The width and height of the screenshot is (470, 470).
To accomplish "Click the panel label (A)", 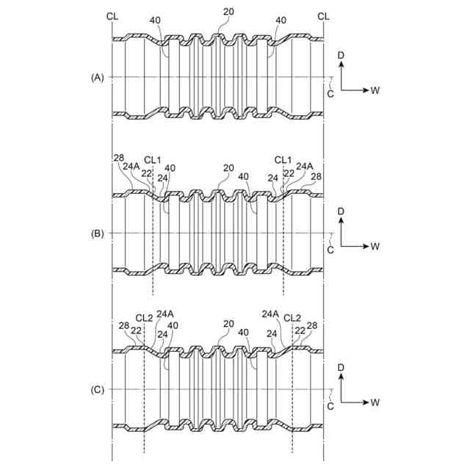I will pyautogui.click(x=97, y=77).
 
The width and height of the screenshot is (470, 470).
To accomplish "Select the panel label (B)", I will pyautogui.click(x=97, y=234).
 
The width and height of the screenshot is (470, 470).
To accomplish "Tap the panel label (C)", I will pyautogui.click(x=97, y=390).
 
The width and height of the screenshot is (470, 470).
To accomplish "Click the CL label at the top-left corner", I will pyautogui.click(x=112, y=15).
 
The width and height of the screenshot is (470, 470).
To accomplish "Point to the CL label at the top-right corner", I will pyautogui.click(x=324, y=15).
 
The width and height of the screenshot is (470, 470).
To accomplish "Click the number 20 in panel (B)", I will pyautogui.click(x=228, y=168).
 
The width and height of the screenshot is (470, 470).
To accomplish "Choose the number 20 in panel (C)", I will pyautogui.click(x=228, y=324).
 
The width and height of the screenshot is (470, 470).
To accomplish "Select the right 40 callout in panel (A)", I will pyautogui.click(x=281, y=21).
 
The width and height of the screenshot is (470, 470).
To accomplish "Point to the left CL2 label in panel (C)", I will pyautogui.click(x=145, y=318).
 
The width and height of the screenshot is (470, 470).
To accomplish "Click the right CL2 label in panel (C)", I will pyautogui.click(x=292, y=318).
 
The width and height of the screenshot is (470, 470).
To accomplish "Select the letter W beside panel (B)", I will pyautogui.click(x=375, y=247).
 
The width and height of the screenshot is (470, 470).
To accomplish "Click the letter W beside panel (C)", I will pyautogui.click(x=375, y=403).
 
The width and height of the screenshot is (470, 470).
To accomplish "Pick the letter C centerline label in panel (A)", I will pyautogui.click(x=330, y=93).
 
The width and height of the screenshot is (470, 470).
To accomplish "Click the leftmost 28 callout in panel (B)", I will pyautogui.click(x=119, y=158).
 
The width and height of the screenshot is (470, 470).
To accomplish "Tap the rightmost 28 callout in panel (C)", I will pyautogui.click(x=312, y=325).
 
